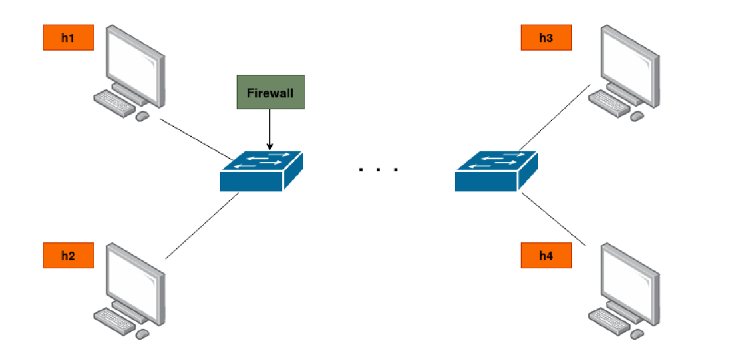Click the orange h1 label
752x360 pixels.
(68, 38)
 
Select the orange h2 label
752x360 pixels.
(68, 256)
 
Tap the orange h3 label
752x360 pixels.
(546, 38)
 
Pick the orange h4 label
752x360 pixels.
(546, 256)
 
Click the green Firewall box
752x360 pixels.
(270, 92)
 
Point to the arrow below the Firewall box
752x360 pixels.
(270, 129)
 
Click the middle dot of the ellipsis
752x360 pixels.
(378, 170)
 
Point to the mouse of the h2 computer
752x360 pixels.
(142, 334)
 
